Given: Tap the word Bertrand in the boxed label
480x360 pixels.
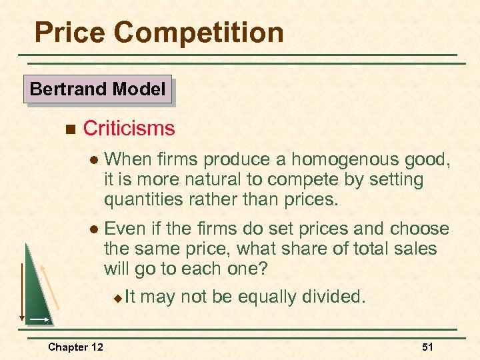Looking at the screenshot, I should tap(63, 89).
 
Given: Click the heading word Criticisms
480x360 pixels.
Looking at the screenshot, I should tap(129, 128).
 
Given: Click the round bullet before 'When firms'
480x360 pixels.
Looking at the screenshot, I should tap(94, 161).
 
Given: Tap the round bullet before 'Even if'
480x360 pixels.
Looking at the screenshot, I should tap(94, 230).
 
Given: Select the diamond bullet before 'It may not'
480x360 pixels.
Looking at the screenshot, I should tap(117, 298).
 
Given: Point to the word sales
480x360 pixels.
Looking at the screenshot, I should tap(413, 249).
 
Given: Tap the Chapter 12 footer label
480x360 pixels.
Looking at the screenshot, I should tap(76, 347).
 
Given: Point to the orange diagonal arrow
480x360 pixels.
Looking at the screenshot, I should tap(51, 287).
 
